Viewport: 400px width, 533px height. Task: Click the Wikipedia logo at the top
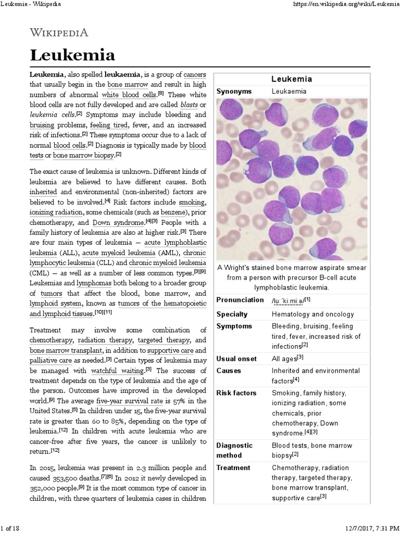[x=59, y=32]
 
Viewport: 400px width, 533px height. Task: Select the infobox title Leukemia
[x=292, y=79]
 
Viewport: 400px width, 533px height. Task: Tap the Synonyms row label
[x=234, y=91]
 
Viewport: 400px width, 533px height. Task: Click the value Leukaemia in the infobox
[x=289, y=91]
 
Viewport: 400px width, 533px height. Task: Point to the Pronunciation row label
[x=240, y=300]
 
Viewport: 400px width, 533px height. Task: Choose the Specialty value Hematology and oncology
[x=312, y=314]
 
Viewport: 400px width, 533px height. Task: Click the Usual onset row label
[x=236, y=359]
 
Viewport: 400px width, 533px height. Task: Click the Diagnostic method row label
[x=234, y=450]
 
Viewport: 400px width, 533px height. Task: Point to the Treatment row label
[x=233, y=467]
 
